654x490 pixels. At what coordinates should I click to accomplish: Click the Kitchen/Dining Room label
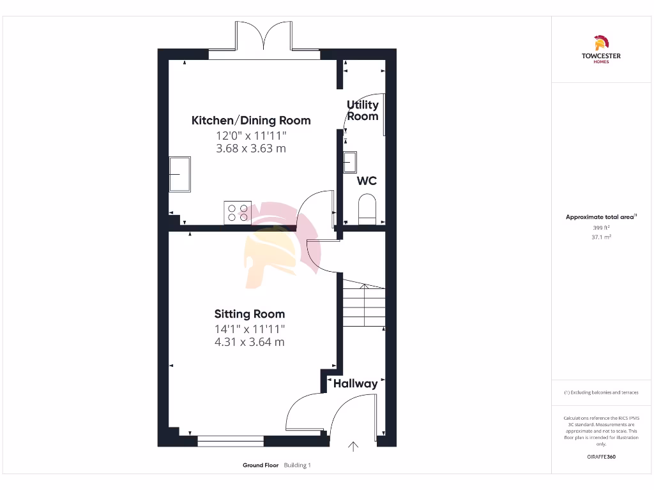[251, 120]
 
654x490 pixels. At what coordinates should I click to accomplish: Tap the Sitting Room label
[250, 314]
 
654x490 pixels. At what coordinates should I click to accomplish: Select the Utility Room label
[362, 110]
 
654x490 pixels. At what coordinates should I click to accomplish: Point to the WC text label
[367, 181]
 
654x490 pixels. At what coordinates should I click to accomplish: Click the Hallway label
[355, 383]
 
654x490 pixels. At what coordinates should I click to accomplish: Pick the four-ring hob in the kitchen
[237, 212]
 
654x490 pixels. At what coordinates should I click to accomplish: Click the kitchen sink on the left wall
[179, 174]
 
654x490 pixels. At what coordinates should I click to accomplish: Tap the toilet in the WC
[367, 211]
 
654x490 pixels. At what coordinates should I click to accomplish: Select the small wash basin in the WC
[349, 163]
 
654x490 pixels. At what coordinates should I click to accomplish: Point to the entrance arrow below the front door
[353, 447]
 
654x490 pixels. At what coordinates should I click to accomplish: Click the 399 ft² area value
[600, 227]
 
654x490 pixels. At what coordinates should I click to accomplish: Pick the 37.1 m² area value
[600, 236]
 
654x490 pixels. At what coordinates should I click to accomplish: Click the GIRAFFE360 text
[600, 457]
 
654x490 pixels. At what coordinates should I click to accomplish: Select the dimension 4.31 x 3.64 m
[250, 342]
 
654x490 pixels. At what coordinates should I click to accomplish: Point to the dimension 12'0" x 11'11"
[251, 135]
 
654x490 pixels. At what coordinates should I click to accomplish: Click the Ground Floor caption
[261, 465]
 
